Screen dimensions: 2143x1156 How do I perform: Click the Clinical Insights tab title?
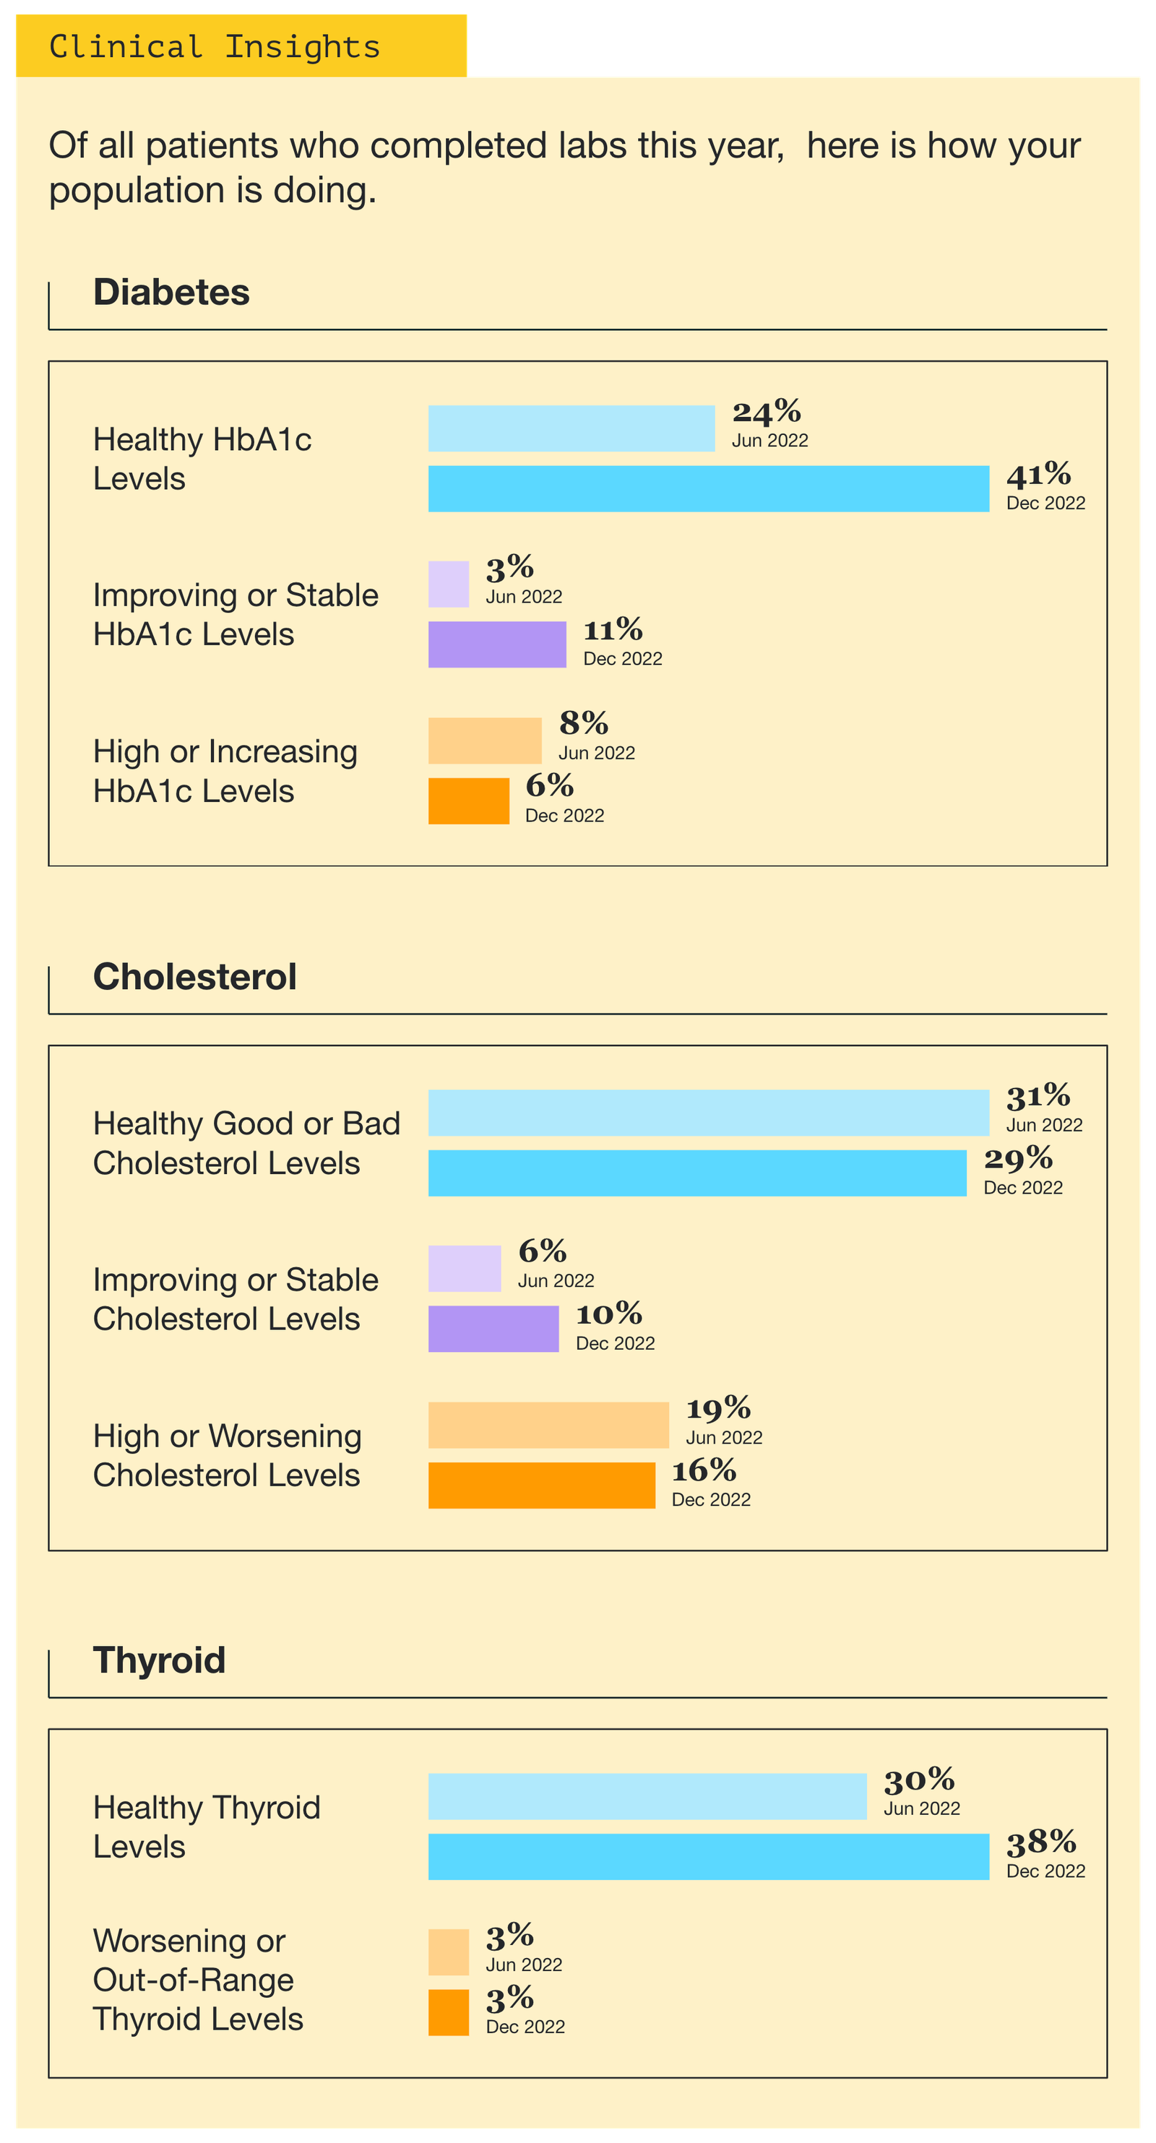pos(215,46)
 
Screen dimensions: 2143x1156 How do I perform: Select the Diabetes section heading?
pos(171,292)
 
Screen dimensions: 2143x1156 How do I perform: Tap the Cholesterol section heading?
pos(194,977)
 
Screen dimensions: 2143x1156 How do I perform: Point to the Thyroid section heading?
pos(159,1660)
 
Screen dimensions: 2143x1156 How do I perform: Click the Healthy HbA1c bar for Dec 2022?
pos(708,488)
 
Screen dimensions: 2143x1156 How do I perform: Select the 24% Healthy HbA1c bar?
pos(571,428)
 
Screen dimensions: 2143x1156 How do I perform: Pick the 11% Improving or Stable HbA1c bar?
pos(496,644)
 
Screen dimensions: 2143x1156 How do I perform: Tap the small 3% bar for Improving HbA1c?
pos(448,584)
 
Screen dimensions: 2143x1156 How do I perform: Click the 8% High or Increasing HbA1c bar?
pos(484,741)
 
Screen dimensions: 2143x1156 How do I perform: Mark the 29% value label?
pos(1018,1157)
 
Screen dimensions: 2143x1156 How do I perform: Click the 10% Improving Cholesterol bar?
pos(493,1329)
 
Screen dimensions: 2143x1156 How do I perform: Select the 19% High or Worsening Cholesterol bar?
pos(548,1425)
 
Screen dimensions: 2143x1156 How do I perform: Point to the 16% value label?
pos(704,1470)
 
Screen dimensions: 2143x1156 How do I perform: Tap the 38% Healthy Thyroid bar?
pos(708,1856)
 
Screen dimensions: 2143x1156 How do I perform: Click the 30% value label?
pos(919,1780)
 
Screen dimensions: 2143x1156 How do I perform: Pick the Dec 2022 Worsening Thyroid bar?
pos(448,2012)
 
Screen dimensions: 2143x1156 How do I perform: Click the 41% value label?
pos(1038,474)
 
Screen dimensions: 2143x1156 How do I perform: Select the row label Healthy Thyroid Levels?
pos(206,1827)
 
